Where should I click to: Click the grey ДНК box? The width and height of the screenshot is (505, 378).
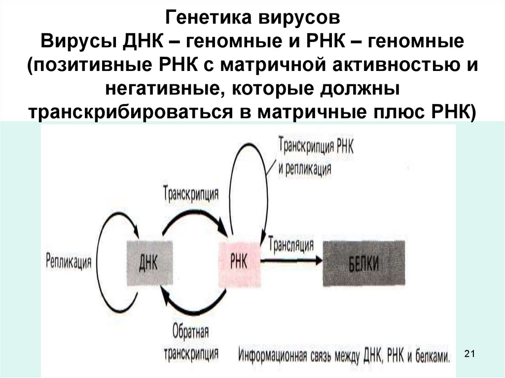click(150, 263)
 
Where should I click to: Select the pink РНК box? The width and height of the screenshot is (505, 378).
click(239, 262)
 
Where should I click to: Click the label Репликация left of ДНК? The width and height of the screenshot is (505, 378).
click(69, 261)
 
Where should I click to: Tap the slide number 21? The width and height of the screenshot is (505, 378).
click(469, 353)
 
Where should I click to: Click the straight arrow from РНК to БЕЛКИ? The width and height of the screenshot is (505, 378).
click(291, 259)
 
